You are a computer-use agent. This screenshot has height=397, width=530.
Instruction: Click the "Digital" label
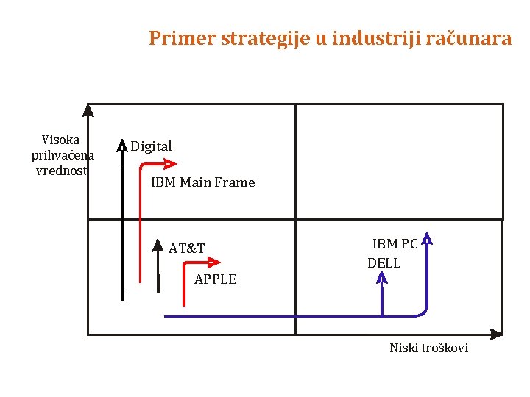(151, 146)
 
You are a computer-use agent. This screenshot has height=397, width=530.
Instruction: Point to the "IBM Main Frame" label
(202, 182)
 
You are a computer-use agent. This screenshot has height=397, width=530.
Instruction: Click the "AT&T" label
(186, 248)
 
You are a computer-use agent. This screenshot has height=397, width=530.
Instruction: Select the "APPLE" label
(216, 279)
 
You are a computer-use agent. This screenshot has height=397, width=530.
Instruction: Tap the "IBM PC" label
(395, 244)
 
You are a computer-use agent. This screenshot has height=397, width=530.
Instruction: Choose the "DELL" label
(384, 263)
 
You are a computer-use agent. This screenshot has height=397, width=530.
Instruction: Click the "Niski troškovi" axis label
(428, 348)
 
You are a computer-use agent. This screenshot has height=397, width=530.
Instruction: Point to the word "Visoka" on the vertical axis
(61, 140)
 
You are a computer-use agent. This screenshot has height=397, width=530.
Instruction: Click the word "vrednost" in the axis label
(61, 171)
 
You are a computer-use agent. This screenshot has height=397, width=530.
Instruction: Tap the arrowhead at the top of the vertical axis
(88, 110)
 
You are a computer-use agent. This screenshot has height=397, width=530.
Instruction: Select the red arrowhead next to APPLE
(214, 262)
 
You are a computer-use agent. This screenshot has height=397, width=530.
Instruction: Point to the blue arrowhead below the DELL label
(382, 277)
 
